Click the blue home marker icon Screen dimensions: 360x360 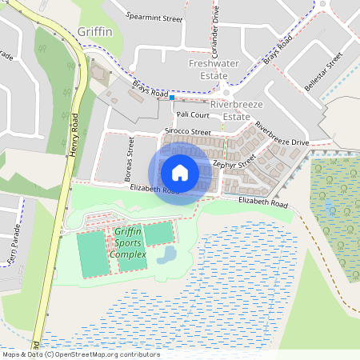click(x=180, y=172)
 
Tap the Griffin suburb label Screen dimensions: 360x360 click(x=95, y=33)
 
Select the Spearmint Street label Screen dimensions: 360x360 click(x=155, y=14)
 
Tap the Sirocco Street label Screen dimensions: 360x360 click(x=187, y=131)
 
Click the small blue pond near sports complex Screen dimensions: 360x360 click(x=167, y=256)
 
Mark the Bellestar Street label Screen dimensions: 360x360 click(x=323, y=71)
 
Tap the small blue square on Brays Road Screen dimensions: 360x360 click(x=171, y=98)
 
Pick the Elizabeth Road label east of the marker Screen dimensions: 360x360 click(x=262, y=205)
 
